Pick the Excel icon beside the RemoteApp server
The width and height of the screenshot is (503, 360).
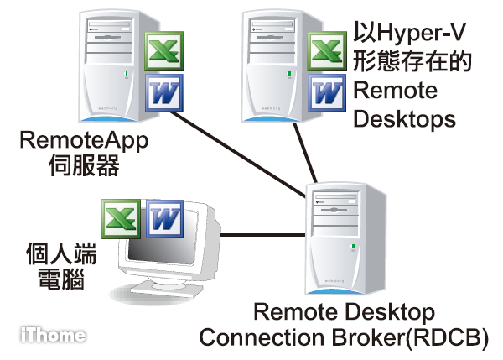(163, 51)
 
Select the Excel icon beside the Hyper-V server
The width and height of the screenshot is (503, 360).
(326, 51)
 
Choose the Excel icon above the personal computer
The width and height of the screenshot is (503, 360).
(120, 219)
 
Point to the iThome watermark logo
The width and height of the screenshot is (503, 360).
(53, 335)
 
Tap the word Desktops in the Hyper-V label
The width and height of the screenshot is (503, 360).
(405, 118)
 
